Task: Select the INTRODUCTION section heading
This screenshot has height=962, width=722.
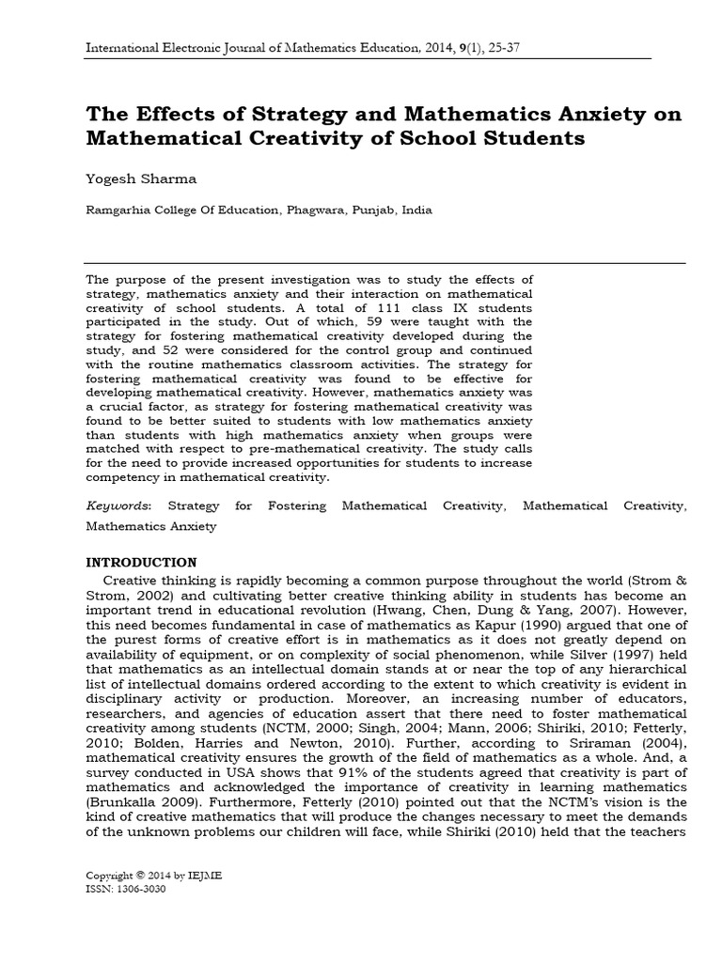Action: tap(142, 563)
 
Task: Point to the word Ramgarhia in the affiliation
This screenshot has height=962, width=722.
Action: tap(118, 210)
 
